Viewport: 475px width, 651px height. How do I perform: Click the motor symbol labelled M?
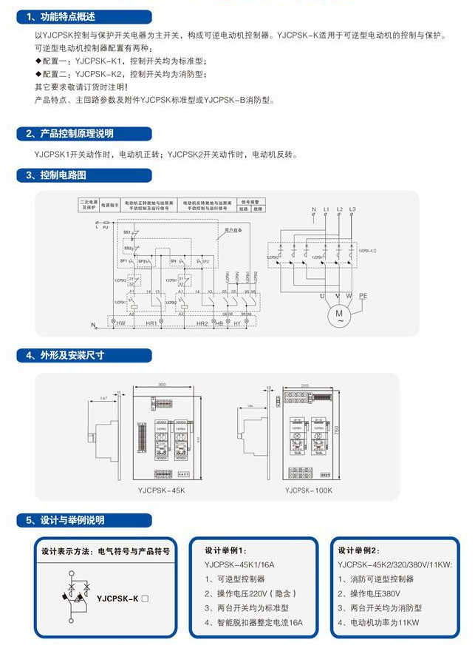coord(340,315)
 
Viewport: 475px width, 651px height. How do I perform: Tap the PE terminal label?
coord(363,295)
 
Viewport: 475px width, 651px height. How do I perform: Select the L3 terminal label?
coord(352,210)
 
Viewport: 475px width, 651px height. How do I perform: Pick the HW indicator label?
coord(120,324)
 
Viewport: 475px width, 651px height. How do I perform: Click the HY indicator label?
coord(239,324)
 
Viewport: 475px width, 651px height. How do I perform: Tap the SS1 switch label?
coord(126,232)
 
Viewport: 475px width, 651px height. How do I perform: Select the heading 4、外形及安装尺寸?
coord(66,355)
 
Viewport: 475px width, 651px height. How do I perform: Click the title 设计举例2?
coord(360,550)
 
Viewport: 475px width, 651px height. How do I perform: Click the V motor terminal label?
coord(338,295)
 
